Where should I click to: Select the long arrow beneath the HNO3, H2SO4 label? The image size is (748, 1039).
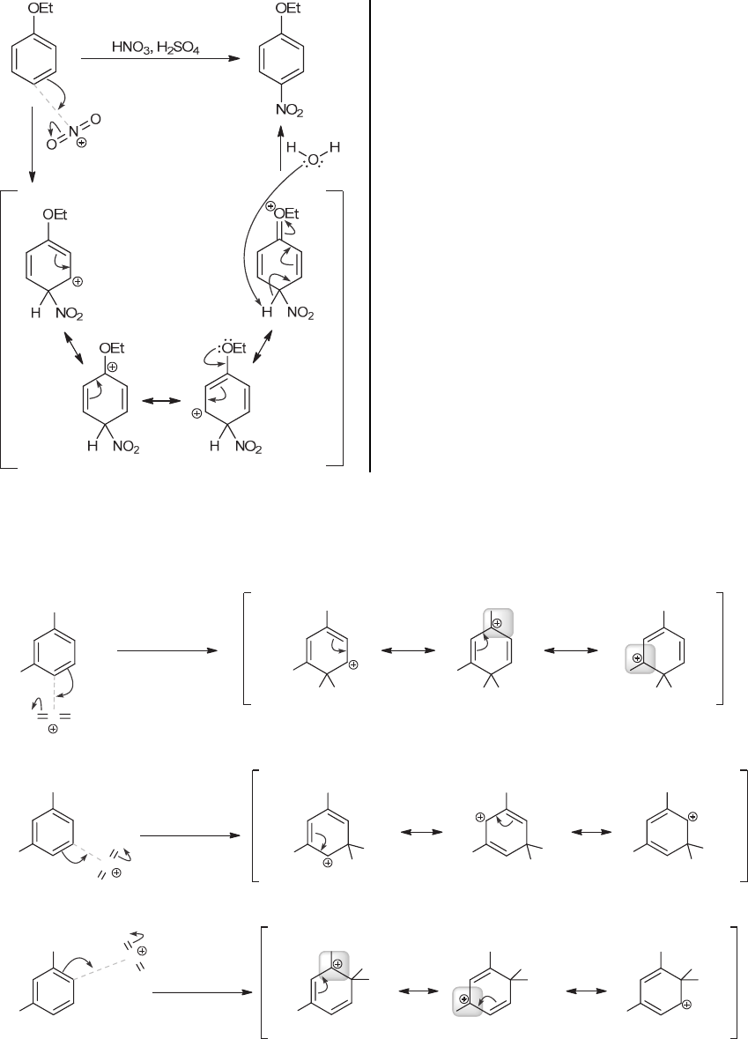click(x=159, y=60)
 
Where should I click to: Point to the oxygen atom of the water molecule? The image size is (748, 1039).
click(x=314, y=160)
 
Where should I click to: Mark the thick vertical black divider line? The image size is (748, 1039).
click(x=369, y=236)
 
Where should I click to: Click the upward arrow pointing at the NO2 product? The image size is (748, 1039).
click(x=280, y=152)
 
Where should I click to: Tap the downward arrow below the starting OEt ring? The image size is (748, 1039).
click(x=32, y=145)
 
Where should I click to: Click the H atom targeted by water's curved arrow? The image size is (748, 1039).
click(x=259, y=311)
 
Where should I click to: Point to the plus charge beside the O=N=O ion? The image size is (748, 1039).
click(x=82, y=143)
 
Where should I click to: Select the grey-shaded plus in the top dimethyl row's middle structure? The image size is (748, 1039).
click(x=496, y=623)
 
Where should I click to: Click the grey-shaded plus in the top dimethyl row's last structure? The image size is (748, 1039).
click(x=637, y=657)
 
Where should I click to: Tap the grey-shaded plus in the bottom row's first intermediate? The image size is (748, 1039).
click(x=337, y=964)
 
